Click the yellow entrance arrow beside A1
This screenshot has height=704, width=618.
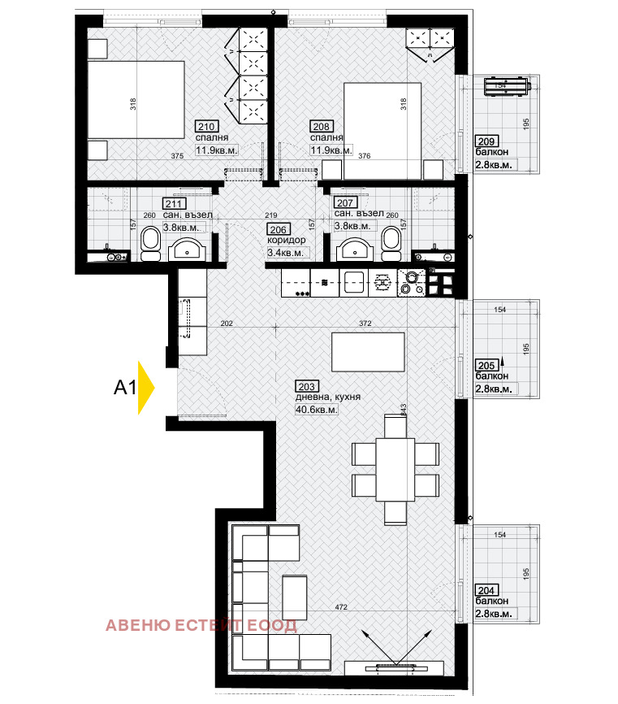(145, 388)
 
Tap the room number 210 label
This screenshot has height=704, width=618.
(206, 126)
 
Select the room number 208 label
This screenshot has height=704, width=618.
(320, 126)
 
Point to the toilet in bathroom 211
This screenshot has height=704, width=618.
(150, 243)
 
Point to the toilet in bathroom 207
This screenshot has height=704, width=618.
(391, 243)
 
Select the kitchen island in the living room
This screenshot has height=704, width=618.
(369, 351)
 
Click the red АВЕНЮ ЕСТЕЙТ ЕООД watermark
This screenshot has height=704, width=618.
(201, 625)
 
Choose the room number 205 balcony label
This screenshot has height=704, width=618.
(486, 365)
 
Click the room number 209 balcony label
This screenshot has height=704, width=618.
(486, 141)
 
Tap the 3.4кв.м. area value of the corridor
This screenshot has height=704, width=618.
(285, 253)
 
